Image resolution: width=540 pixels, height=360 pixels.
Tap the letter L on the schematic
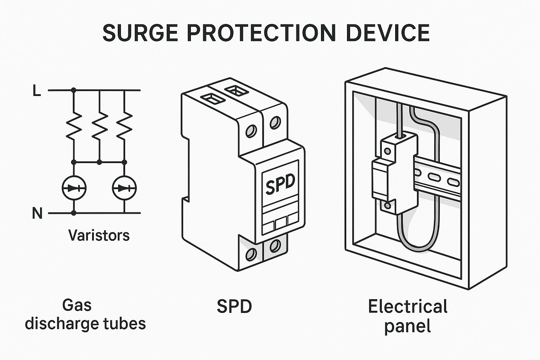(x=37, y=91)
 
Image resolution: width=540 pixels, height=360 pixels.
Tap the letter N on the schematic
(x=37, y=213)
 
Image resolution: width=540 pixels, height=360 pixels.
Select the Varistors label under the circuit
(x=99, y=235)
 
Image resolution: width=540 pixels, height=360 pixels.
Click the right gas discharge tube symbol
(x=124, y=188)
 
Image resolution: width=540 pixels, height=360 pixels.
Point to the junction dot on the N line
(x=73, y=213)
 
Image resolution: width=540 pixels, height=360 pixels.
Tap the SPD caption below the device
(x=234, y=307)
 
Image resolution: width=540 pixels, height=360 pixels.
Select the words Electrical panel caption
(x=408, y=316)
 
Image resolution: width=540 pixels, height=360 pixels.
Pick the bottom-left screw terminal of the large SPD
(x=251, y=254)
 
